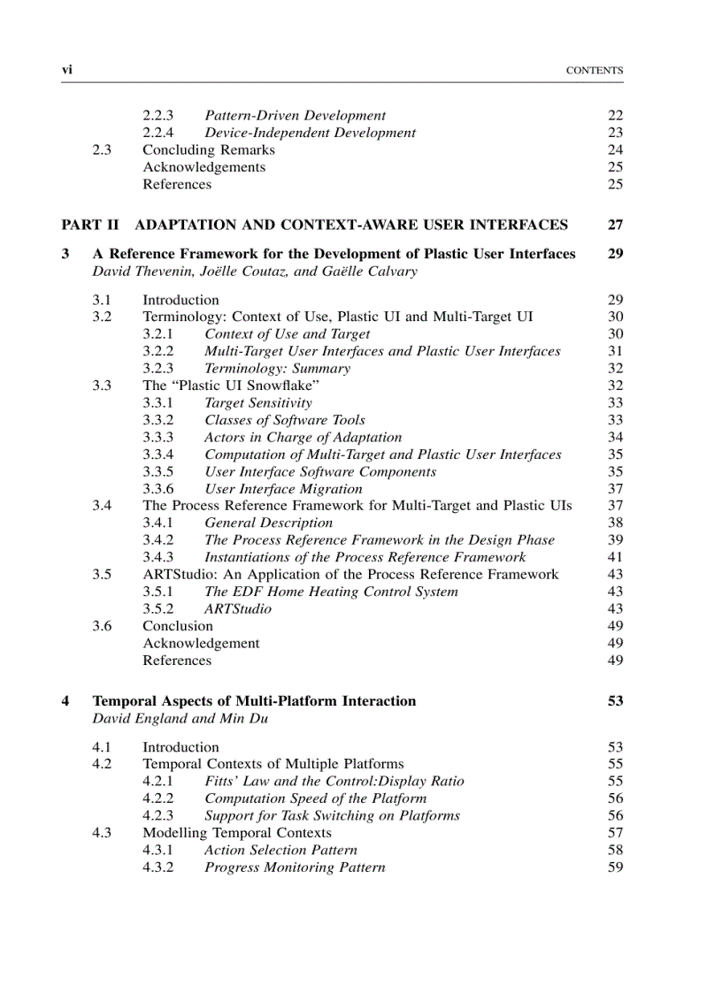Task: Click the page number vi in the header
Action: (66, 71)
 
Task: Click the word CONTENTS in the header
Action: (595, 71)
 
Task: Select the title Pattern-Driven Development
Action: (295, 116)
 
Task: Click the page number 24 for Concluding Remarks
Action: (615, 150)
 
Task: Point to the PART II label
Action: (89, 225)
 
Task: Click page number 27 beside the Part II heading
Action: (615, 225)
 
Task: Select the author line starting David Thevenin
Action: (255, 271)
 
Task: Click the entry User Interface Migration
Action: (283, 489)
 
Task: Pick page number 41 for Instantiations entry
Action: (615, 558)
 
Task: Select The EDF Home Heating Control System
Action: (331, 592)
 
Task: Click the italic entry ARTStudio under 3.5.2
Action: (238, 609)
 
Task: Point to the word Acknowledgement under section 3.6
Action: (201, 644)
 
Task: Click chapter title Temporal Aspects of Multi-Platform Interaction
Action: (254, 701)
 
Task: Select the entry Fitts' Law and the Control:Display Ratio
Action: (334, 782)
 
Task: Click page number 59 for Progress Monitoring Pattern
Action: (615, 867)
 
